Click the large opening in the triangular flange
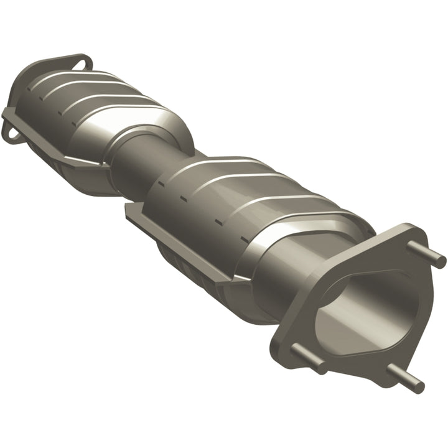coord(355,311)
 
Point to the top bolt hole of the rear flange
coord(80,62)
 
